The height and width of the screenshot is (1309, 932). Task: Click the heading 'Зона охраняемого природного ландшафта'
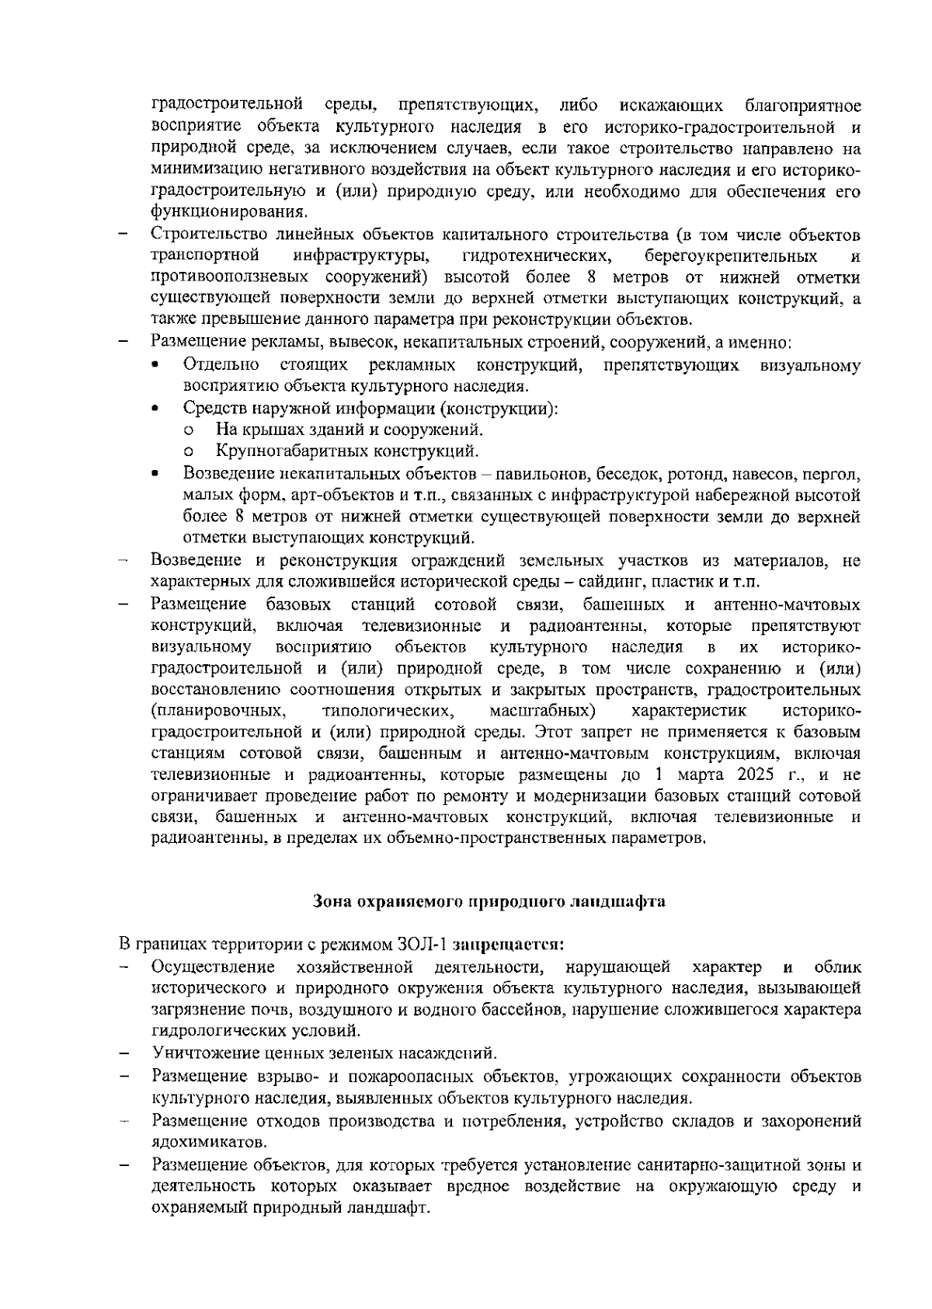(x=489, y=903)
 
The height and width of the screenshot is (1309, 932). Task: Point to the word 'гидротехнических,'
(x=535, y=256)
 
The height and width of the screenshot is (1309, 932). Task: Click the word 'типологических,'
(x=387, y=711)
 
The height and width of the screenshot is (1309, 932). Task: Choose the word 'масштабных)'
(x=543, y=711)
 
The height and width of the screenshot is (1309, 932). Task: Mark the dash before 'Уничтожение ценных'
(x=123, y=1054)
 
